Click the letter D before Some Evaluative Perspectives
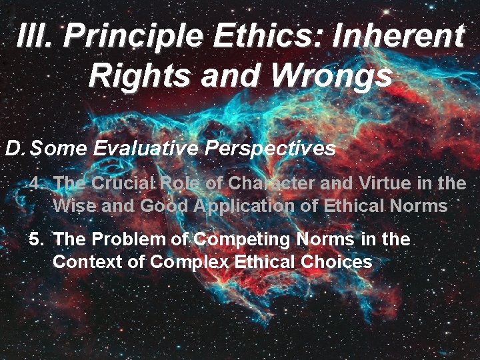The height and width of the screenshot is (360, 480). tap(15, 148)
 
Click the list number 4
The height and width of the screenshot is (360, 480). tap(36, 183)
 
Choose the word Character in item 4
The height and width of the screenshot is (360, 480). tap(257, 183)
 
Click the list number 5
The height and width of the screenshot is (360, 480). tap(36, 239)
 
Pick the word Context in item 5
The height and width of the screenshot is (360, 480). tap(83, 261)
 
